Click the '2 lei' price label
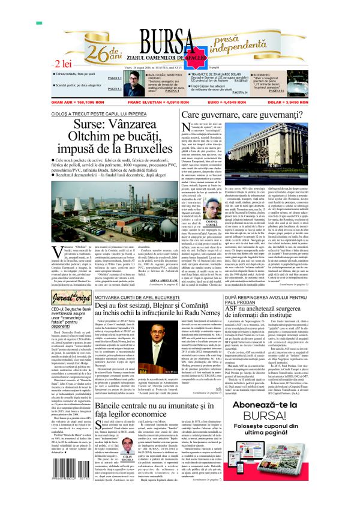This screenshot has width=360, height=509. click(x=64, y=64)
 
